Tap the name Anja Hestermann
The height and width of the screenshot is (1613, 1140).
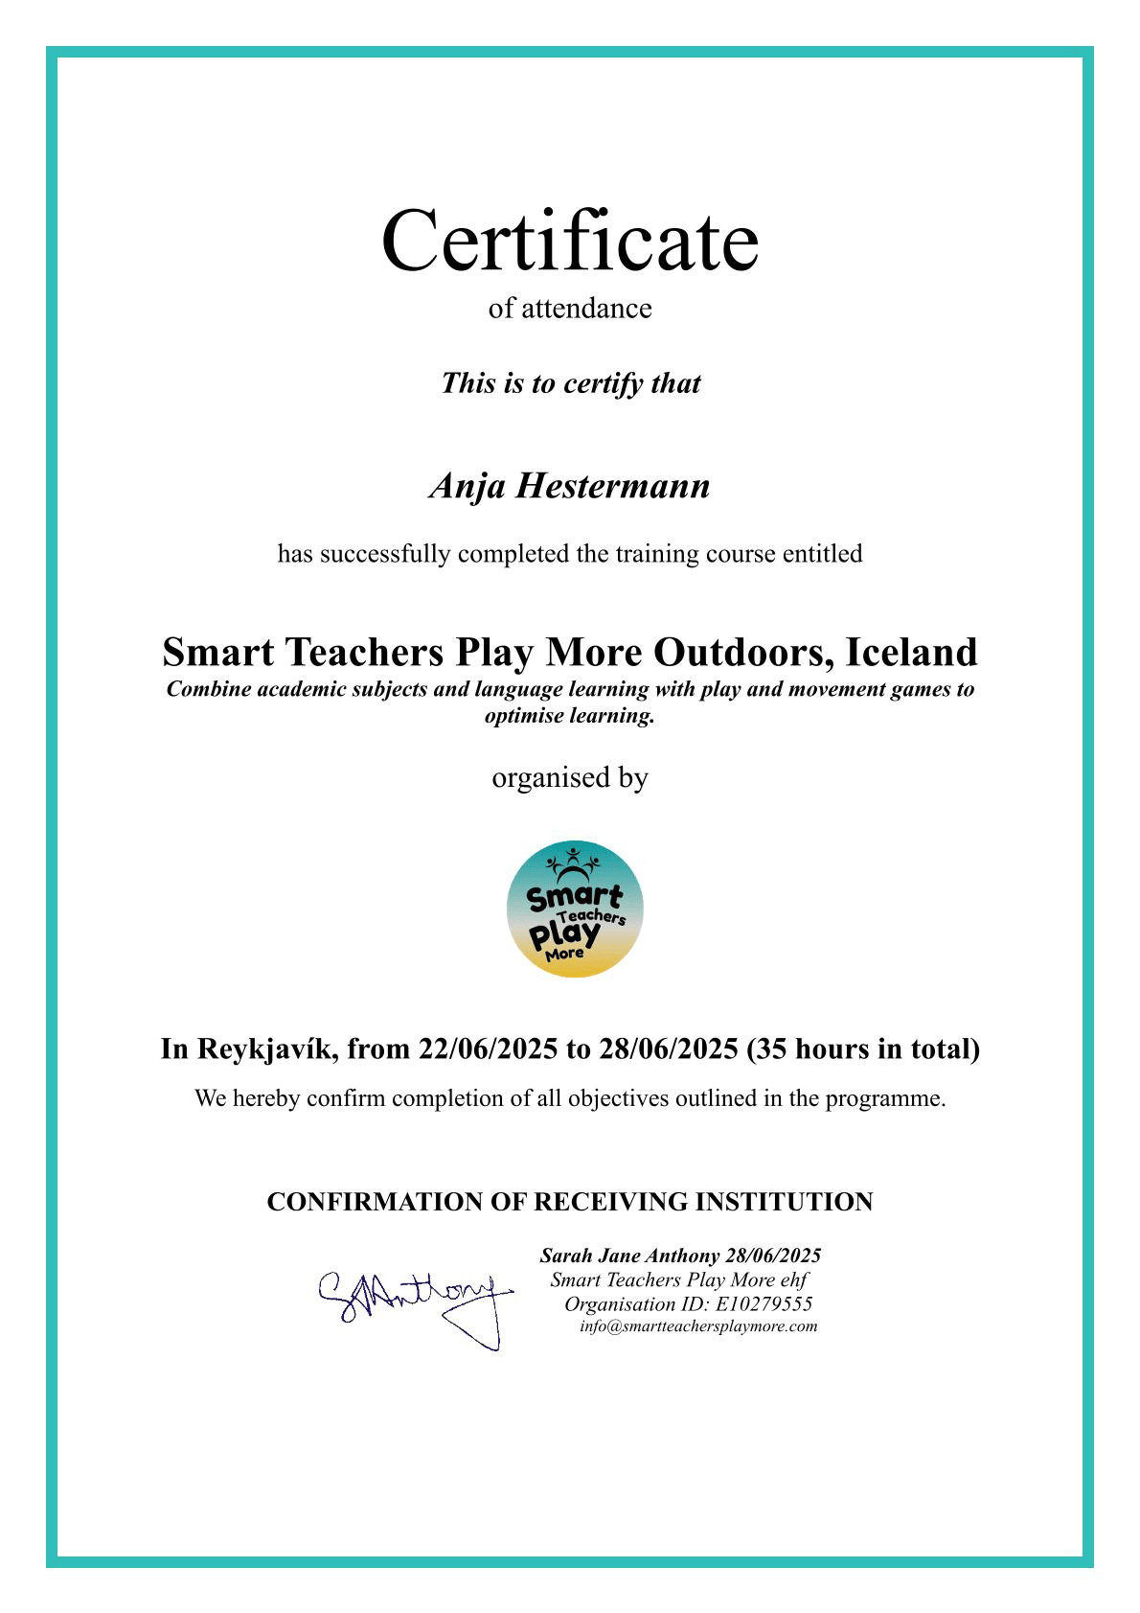pos(570,486)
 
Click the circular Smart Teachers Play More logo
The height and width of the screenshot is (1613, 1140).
pos(575,909)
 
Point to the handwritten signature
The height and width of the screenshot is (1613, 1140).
pos(414,1303)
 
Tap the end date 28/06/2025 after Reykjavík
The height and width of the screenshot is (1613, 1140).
pos(669,1048)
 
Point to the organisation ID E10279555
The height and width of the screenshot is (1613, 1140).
pos(764,1303)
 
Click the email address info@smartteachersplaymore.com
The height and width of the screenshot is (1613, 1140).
pos(698,1326)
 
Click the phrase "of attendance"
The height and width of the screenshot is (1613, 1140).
pos(570,309)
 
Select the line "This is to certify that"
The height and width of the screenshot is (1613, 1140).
pos(570,383)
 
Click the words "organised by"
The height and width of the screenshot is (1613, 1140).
pos(570,777)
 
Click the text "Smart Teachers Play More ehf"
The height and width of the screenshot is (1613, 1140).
pos(679,1279)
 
